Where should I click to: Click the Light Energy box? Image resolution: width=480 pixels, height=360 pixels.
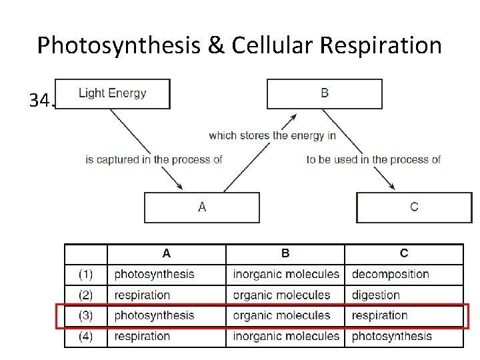pos(112,93)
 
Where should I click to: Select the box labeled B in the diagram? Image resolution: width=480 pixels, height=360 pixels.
pos(324,93)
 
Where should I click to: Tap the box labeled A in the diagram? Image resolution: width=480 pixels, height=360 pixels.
pos(202,207)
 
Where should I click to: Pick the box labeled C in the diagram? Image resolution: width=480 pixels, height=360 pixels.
pos(414,207)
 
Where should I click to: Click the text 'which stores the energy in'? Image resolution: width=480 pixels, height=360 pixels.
pos(272,135)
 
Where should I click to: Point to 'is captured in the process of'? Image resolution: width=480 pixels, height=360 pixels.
pos(154,159)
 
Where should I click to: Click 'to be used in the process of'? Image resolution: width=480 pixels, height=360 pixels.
pos(373,159)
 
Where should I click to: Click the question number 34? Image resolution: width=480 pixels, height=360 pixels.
pos(40,101)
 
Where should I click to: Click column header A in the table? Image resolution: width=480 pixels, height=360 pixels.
pos(167,253)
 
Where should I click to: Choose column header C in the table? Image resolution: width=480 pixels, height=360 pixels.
pos(404,253)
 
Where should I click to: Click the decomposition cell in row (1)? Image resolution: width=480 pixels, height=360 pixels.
pos(390,274)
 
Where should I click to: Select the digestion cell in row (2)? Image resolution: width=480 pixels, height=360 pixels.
pos(375,295)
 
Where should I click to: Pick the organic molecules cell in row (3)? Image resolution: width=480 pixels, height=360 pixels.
pos(281,315)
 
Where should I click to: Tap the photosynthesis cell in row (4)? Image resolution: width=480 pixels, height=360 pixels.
pos(391,336)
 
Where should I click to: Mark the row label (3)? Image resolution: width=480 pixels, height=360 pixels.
pos(85,315)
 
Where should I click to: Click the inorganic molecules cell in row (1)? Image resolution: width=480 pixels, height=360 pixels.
pos(286,274)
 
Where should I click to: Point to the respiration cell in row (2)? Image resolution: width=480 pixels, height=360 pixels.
pos(142,295)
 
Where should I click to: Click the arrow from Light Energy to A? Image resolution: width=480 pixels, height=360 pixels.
pos(145,150)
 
